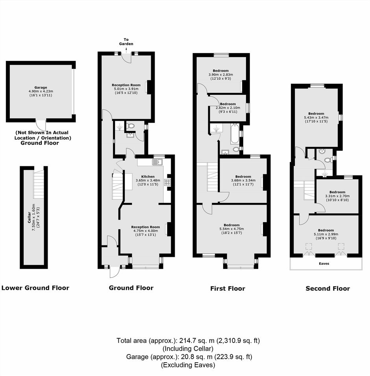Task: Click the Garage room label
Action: pos(41,88)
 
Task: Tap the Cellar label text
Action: pos(29,217)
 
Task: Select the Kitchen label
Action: pos(148,177)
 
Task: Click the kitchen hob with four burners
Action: pos(167,182)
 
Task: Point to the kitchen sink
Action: pos(158,162)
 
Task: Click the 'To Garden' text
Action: pos(126,41)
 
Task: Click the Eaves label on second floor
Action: pos(324,264)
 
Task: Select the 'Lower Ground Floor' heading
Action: pos(35,288)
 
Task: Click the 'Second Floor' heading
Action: pos(328,288)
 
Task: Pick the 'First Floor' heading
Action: pos(228,288)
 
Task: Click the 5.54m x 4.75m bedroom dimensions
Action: pos(231,229)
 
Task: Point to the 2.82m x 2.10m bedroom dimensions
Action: pos(228,108)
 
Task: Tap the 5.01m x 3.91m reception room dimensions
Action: pos(126,89)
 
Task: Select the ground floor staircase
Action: pos(117,186)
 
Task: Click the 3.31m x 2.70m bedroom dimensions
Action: pos(337,196)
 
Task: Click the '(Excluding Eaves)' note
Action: pos(188,365)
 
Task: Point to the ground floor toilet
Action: pos(131,125)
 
